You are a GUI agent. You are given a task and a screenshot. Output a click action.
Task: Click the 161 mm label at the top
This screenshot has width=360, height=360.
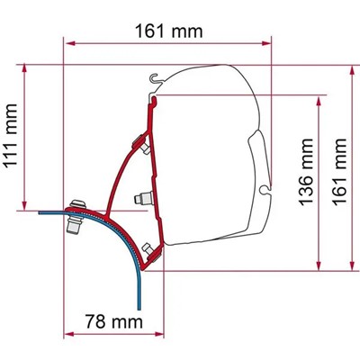(167, 31)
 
